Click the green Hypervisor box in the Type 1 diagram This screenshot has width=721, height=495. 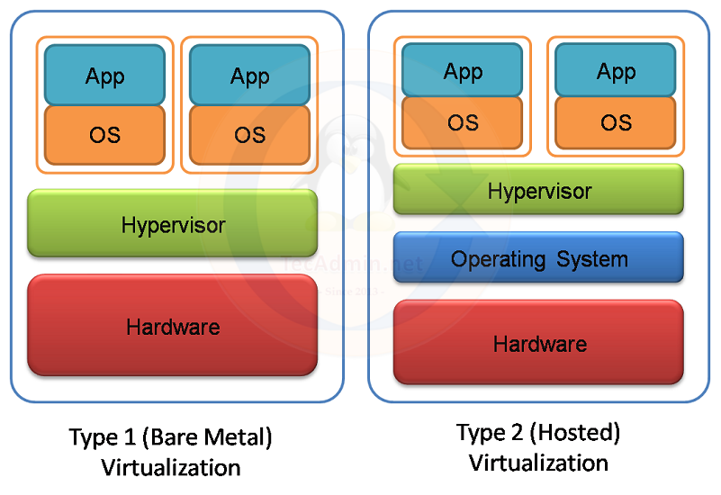tap(173, 224)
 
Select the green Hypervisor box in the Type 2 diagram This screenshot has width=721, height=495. tap(538, 190)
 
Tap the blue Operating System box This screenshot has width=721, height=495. tap(538, 259)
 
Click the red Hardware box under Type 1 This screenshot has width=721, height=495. tap(173, 326)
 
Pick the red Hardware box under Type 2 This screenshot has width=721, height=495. tap(538, 343)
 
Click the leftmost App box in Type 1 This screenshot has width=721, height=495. tap(104, 76)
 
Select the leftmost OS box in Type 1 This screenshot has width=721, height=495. tap(104, 135)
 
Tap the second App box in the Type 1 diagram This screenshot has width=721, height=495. tap(249, 76)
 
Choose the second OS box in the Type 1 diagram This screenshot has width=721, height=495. tap(249, 135)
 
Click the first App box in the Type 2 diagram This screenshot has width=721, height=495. tap(463, 71)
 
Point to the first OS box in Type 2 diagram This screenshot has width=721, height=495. tap(463, 122)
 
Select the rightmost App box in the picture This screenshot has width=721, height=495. tap(616, 71)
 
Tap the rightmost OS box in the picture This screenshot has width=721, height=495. tap(616, 122)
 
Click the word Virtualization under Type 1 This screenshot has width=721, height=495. tap(171, 468)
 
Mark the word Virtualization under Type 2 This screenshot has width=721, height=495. tap(539, 463)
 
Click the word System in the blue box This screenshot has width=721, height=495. tap(591, 259)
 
